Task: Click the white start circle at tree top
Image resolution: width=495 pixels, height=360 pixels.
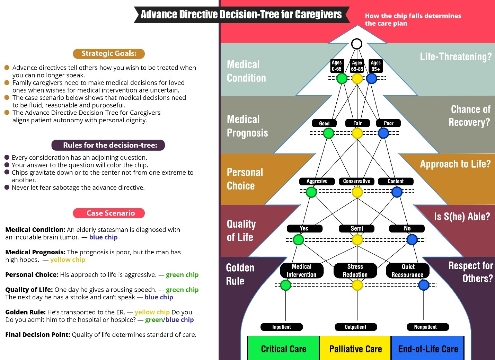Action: click(x=356, y=44)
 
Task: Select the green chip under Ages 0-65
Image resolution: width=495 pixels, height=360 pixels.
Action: click(x=342, y=79)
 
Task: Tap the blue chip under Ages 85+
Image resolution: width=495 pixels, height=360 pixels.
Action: click(x=371, y=79)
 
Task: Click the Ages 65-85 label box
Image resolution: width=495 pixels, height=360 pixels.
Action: click(x=357, y=66)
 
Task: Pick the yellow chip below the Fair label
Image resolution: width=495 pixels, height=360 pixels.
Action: click(x=357, y=133)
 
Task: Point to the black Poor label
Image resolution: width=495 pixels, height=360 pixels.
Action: click(x=388, y=123)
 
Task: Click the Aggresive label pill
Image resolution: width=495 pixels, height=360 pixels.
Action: click(x=317, y=181)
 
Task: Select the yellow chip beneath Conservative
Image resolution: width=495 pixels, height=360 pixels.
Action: click(x=357, y=192)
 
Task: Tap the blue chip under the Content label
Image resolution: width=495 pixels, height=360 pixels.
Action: click(x=397, y=192)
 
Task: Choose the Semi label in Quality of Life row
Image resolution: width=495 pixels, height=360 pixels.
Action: click(x=356, y=229)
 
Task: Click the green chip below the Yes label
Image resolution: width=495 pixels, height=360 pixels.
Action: click(x=298, y=239)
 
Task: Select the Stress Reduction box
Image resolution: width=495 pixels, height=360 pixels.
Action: click(x=355, y=271)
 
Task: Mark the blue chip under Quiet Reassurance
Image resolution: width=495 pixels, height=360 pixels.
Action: click(x=424, y=285)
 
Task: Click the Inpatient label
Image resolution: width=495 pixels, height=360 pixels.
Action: click(x=281, y=327)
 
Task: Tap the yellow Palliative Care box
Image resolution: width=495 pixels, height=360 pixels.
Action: click(x=355, y=349)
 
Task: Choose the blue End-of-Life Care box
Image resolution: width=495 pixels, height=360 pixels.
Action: click(x=428, y=349)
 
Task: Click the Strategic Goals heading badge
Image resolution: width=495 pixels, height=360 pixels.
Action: click(x=109, y=54)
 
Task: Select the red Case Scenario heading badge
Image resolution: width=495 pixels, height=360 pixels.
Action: click(x=109, y=213)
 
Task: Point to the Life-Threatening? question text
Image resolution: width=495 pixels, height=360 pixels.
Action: click(x=456, y=57)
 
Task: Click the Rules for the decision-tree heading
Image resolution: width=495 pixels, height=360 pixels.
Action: click(x=108, y=145)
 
